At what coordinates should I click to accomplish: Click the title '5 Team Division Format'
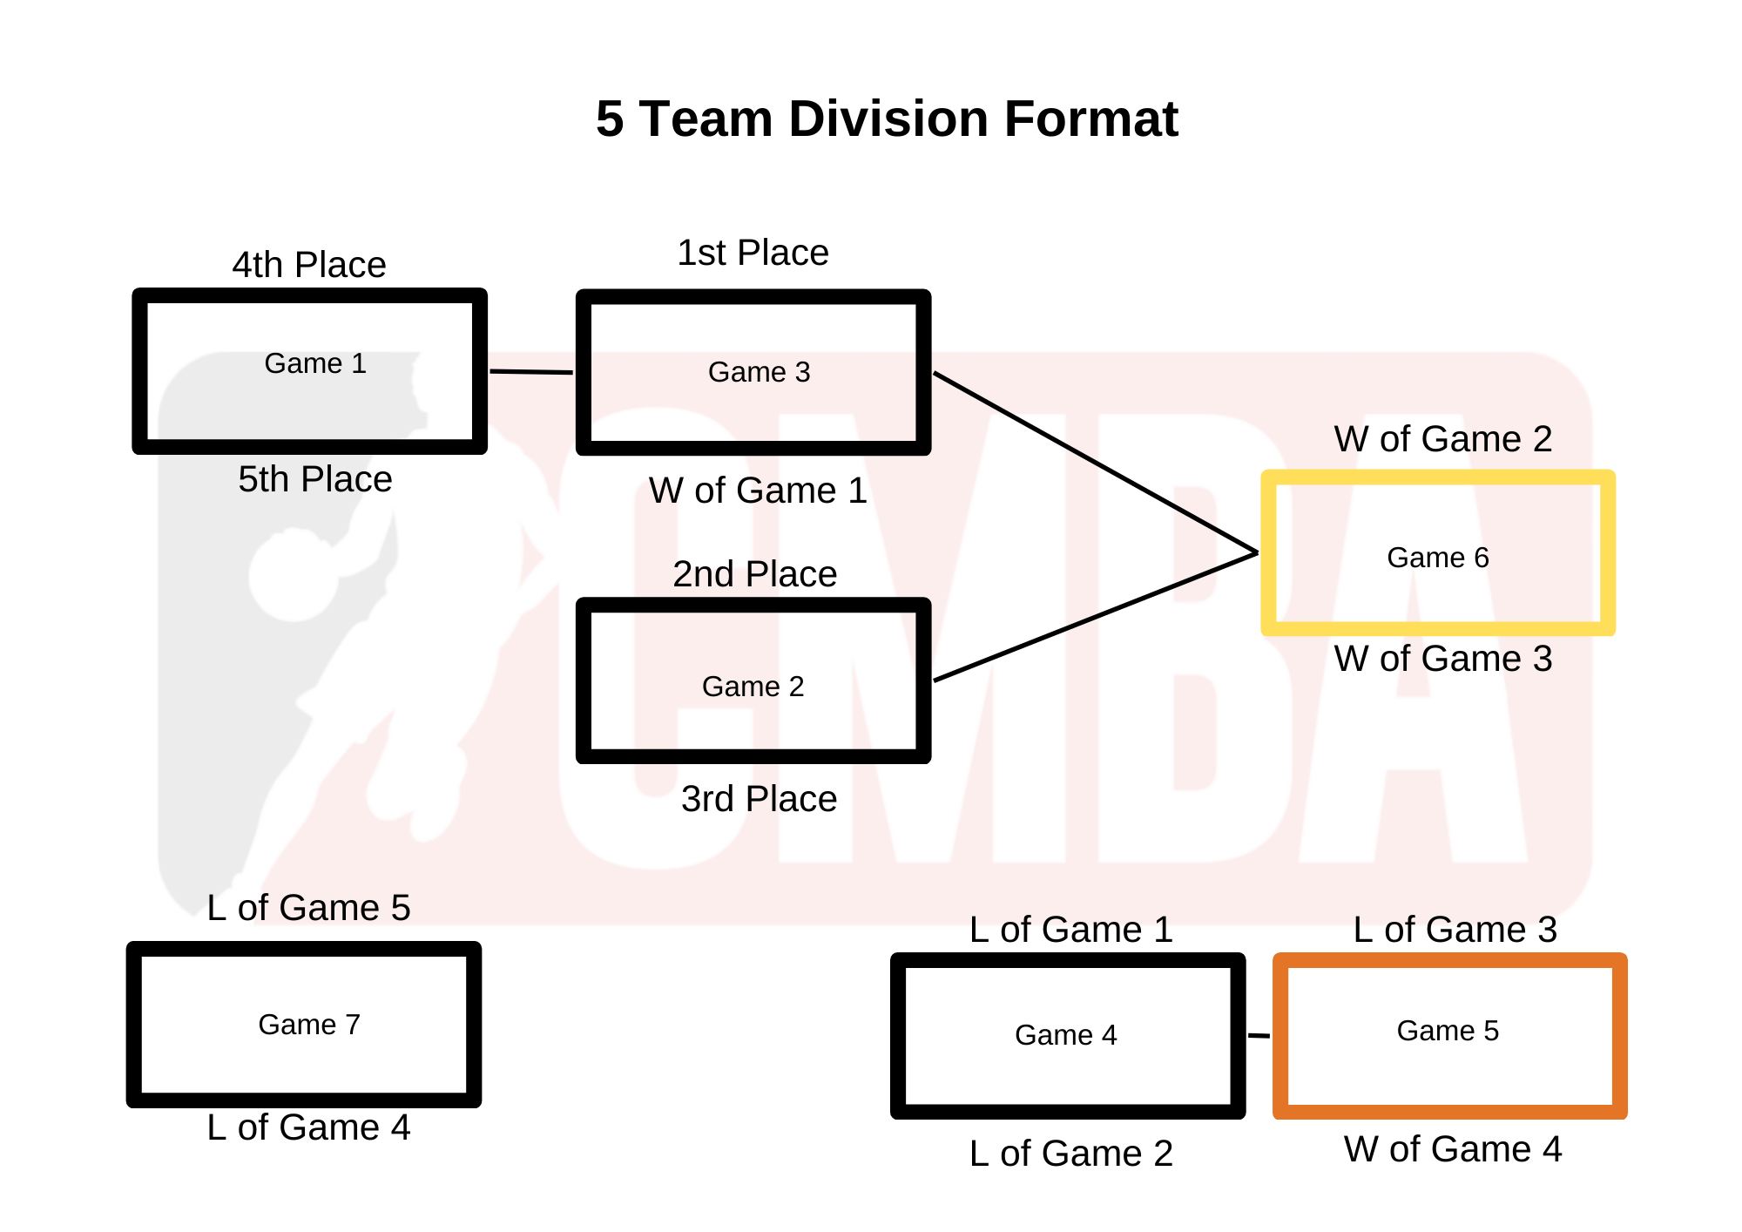click(x=886, y=118)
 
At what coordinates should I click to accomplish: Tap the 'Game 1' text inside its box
click(x=315, y=363)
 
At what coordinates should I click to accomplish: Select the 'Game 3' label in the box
click(x=759, y=372)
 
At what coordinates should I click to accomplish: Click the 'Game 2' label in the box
click(x=753, y=687)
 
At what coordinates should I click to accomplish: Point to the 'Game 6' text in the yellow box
click(x=1437, y=558)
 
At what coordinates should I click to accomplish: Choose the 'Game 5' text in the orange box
click(x=1448, y=1031)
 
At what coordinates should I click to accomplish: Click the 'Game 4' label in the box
click(x=1065, y=1035)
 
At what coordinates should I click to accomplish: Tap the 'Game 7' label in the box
click(x=309, y=1025)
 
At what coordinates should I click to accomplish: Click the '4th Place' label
click(x=309, y=265)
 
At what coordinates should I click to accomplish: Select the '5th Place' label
click(x=315, y=479)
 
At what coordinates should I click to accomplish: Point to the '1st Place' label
click(x=753, y=253)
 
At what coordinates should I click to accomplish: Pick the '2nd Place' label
click(x=754, y=574)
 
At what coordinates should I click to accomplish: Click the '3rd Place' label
click(x=759, y=799)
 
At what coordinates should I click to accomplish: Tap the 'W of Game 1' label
click(x=758, y=491)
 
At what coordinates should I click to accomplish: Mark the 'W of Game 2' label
click(x=1442, y=439)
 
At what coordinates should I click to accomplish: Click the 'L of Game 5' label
click(x=308, y=908)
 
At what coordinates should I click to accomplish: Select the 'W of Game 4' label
click(x=1452, y=1149)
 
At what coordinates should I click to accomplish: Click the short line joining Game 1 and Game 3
click(x=531, y=372)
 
